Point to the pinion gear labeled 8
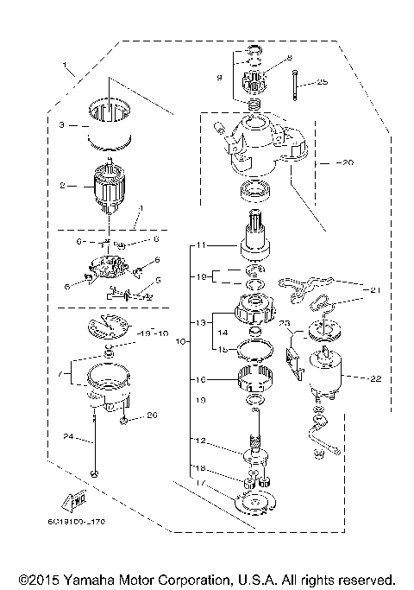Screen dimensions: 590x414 point(255,85)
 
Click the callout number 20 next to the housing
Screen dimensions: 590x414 point(347,162)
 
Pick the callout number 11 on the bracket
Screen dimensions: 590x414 point(200,246)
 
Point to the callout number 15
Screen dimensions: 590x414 point(224,348)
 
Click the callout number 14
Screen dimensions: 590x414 point(224,331)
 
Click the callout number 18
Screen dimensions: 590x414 point(200,468)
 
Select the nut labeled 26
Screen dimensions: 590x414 point(128,421)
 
